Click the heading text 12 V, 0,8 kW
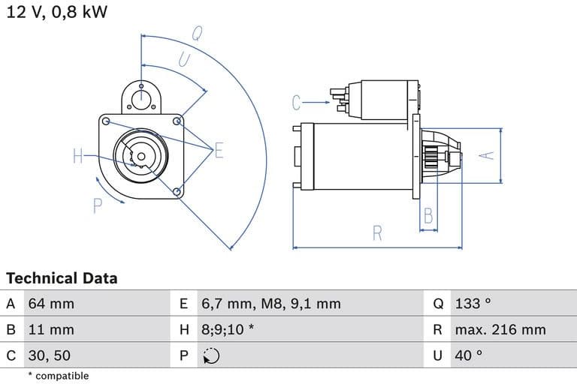point(56,12)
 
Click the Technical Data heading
point(62,278)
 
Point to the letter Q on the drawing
point(197,34)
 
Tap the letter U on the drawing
point(184,58)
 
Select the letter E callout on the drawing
point(219,151)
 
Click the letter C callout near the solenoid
point(297,102)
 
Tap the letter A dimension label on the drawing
point(488,154)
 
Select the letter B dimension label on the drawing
point(428,216)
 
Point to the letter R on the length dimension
point(377,233)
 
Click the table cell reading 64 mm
point(51,304)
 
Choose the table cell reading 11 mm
point(51,329)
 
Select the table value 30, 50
point(50,355)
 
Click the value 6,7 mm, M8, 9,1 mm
point(270,304)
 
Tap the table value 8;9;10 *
point(228,329)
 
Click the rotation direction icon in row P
point(211,355)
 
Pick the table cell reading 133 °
point(473,304)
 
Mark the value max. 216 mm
point(500,329)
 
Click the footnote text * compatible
point(58,376)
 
